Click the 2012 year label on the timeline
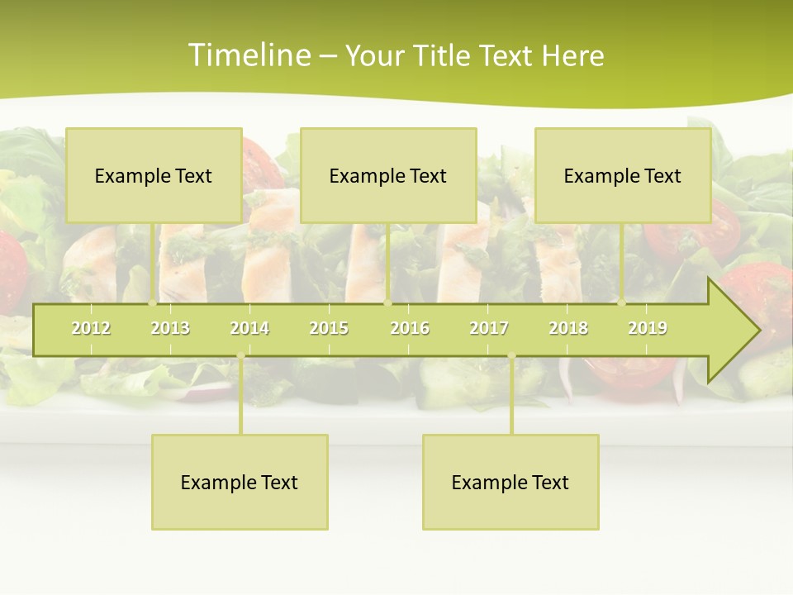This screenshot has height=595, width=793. [91, 328]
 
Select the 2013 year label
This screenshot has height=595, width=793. [170, 328]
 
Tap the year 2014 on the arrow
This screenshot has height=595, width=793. [249, 328]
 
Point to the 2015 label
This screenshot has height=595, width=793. [329, 328]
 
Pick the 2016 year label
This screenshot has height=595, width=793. [410, 328]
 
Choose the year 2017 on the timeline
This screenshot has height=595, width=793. [489, 328]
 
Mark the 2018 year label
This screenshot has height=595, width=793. [568, 328]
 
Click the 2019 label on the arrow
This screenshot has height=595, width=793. [648, 328]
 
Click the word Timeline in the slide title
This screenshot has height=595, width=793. [248, 55]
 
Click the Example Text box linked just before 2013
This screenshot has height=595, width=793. [154, 175]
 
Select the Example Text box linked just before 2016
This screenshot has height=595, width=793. [388, 175]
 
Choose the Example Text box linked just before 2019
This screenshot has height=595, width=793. [623, 175]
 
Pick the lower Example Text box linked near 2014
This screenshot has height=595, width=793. [240, 482]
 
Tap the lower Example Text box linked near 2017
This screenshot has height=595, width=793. [510, 482]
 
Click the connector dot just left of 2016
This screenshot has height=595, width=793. [387, 303]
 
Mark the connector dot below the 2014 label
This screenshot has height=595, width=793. [240, 356]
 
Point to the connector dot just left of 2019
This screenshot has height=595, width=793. [622, 303]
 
